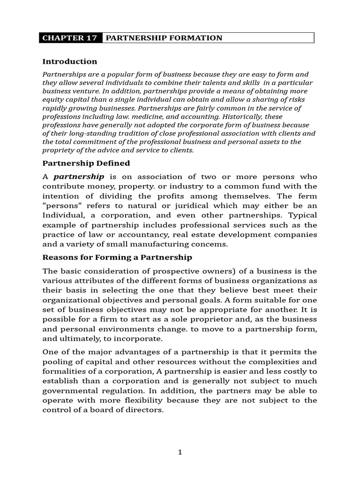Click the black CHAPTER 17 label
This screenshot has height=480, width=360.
pyautogui.click(x=70, y=38)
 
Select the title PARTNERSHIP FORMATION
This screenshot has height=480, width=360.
pyautogui.click(x=164, y=38)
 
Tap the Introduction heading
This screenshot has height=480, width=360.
pyautogui.click(x=70, y=61)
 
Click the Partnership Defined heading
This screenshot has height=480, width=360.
pyautogui.click(x=86, y=163)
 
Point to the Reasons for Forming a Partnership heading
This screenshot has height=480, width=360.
pyautogui.click(x=117, y=257)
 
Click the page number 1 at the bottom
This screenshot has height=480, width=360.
pyautogui.click(x=180, y=452)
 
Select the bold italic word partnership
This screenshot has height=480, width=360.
pyautogui.click(x=79, y=177)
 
